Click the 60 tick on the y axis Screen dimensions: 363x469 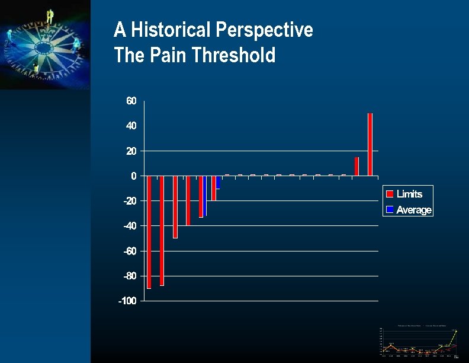click(x=131, y=101)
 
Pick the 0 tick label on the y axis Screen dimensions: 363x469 click(x=134, y=176)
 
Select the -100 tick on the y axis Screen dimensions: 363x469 click(x=127, y=301)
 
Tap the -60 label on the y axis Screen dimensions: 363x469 click(x=129, y=251)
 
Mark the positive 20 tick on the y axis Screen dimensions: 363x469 click(x=131, y=151)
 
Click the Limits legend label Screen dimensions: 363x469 click(x=409, y=194)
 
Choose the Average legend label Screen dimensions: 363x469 click(x=414, y=210)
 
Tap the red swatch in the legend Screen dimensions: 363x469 click(x=390, y=194)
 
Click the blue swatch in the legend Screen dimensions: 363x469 click(x=390, y=210)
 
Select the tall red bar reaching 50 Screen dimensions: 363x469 click(x=370, y=144)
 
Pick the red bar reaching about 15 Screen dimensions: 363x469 click(x=357, y=167)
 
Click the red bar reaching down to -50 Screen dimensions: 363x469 click(x=175, y=207)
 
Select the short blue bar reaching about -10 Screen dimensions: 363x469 click(x=219, y=182)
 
